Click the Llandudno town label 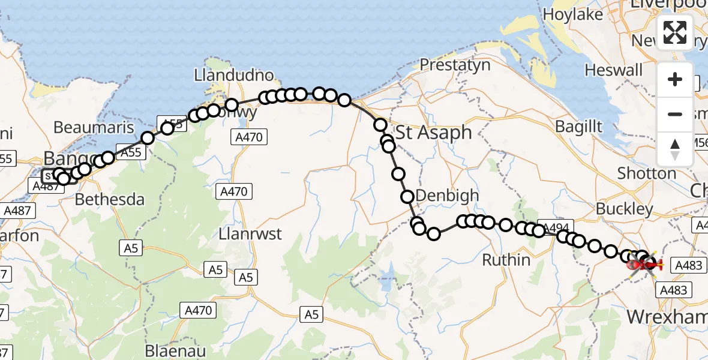233,76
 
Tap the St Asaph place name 434,133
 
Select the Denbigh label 447,196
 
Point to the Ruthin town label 507,260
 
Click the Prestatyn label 455,65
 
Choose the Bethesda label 110,199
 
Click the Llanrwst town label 251,234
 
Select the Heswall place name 614,71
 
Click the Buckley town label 625,209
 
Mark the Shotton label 647,173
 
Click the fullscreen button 675,32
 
